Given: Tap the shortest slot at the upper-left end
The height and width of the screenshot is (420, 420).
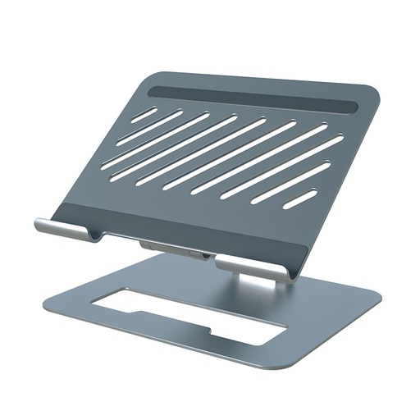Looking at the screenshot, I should pos(144,114).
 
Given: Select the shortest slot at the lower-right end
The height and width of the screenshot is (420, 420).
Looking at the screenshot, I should pos(299,199).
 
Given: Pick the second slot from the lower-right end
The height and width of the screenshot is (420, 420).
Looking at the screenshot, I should pos(290,183).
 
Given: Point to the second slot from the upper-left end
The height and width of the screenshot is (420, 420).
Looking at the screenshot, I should pos(149,129).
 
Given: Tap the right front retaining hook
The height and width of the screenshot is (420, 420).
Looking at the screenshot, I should pos(251,267).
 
